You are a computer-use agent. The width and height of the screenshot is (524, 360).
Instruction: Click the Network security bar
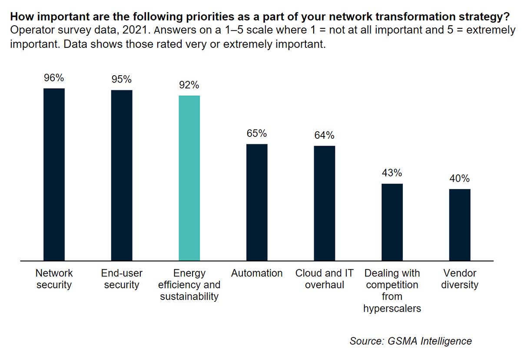coord(54,174)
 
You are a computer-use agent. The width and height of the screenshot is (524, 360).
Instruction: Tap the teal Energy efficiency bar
coord(189,178)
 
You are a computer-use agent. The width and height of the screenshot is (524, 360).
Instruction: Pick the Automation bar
coord(257,202)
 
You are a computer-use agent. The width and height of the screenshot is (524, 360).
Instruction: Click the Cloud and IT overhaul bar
coord(325,203)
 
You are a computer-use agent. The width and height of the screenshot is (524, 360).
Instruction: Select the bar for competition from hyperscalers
coord(392,222)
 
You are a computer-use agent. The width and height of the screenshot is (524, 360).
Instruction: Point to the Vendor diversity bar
coord(460,225)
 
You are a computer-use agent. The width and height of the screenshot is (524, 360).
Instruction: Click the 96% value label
coord(54,78)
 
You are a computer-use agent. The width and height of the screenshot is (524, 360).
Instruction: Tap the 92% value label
coord(189,85)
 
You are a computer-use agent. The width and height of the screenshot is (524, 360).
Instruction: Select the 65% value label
coord(257,133)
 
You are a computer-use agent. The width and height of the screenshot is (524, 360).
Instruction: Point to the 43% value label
coord(392,173)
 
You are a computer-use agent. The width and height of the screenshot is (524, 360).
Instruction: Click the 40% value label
coord(460,179)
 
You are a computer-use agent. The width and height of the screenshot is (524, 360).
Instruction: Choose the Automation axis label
coord(257,273)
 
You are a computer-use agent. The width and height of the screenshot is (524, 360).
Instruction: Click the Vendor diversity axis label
coord(460,279)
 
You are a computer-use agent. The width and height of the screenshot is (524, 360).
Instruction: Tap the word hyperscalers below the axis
coord(392,309)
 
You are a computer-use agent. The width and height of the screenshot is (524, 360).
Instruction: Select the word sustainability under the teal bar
coord(189,297)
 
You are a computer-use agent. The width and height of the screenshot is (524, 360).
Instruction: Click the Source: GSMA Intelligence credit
coord(411,341)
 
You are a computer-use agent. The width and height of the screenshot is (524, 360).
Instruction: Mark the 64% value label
coord(325,135)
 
